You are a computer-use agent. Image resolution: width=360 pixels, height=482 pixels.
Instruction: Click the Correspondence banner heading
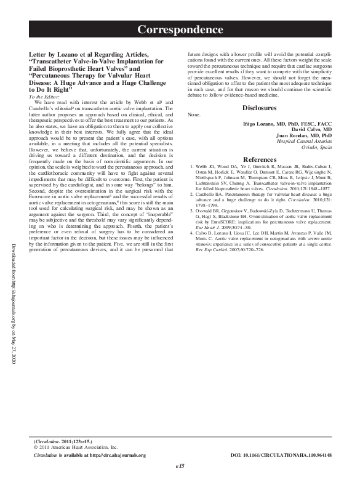180,30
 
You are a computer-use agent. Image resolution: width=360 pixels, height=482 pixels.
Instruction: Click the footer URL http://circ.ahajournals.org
117,455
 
